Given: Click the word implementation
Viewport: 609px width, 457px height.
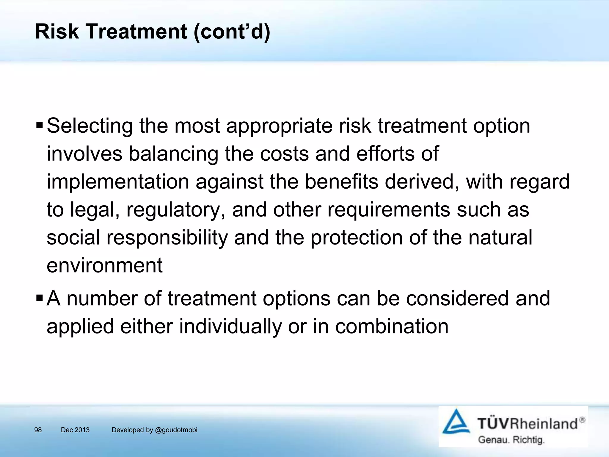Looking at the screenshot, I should tap(118, 182).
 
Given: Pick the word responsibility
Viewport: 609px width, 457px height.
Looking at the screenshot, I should tap(167, 238).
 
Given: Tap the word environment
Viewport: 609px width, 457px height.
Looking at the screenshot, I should tap(105, 265).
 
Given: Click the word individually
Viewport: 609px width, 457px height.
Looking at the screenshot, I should tap(230, 326).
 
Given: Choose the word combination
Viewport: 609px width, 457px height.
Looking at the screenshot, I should tap(392, 326).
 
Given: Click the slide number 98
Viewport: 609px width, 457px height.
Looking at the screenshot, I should tap(38, 430).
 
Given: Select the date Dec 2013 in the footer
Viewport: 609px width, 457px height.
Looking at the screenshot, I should tap(75, 430).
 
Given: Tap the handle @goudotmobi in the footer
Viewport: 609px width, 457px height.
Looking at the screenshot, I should tap(176, 430).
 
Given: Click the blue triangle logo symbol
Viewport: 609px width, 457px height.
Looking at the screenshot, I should tap(456, 422).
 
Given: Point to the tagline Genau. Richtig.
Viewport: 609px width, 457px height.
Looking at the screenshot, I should tap(511, 440).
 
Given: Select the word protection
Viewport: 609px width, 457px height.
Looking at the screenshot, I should tap(357, 238).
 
